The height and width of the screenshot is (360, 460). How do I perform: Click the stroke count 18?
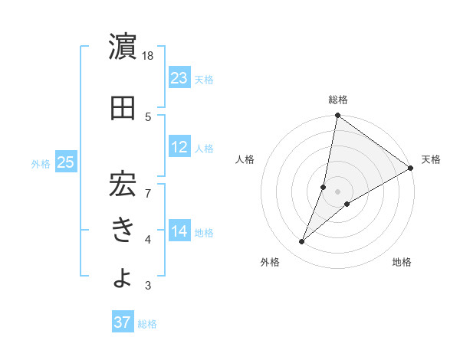tap(148, 56)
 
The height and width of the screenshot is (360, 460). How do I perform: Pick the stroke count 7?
tap(148, 185)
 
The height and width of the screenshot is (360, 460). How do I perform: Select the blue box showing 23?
tap(179, 77)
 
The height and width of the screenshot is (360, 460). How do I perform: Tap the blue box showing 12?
tap(179, 147)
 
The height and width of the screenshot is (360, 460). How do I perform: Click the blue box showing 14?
tap(179, 231)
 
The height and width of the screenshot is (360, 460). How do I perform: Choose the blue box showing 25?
tap(66, 162)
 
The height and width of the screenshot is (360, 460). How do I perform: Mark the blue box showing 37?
tap(123, 322)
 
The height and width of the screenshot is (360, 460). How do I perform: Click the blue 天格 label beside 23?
tap(204, 79)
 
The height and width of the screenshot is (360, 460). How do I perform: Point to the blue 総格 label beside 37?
tap(147, 324)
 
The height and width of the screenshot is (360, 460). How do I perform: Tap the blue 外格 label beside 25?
tap(40, 163)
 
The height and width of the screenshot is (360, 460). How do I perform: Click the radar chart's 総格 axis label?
tap(337, 100)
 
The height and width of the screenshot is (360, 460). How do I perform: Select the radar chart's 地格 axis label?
tap(402, 262)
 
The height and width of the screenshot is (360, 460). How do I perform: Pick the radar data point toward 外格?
tap(301, 242)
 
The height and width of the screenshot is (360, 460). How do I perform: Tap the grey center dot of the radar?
tap(337, 191)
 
